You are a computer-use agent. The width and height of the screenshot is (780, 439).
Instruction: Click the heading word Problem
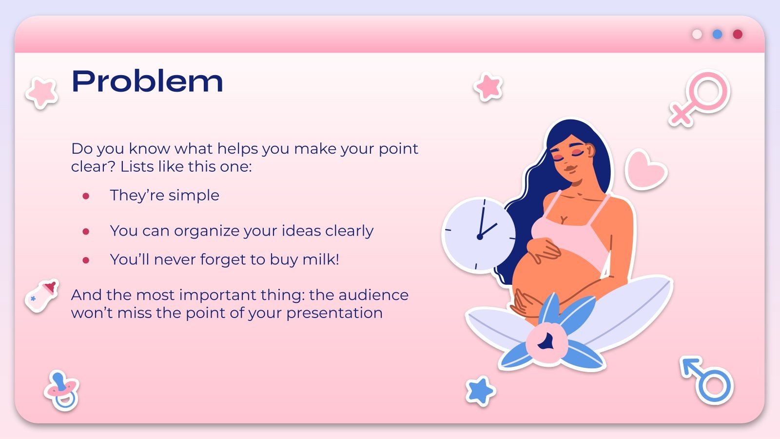pos(147,81)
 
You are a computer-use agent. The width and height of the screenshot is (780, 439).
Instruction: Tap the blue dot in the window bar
pos(717,34)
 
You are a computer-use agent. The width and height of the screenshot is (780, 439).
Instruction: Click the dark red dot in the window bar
pos(738,34)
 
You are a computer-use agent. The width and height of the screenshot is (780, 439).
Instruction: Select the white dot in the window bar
pos(697,34)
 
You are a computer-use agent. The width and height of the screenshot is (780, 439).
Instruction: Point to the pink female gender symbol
pos(700,98)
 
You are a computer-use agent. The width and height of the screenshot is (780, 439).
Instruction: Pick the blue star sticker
pos(480,390)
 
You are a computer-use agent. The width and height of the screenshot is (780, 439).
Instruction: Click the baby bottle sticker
pos(42,296)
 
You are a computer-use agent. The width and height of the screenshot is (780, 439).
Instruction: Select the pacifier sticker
pos(61,390)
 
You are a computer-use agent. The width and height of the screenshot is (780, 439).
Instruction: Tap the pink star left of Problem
pos(42,92)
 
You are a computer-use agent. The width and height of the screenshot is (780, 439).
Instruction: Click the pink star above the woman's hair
pos(488,87)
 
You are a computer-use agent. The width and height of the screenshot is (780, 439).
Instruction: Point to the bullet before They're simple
pos(86,196)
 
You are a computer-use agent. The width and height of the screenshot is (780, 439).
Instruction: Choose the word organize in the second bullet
pos(213,231)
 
